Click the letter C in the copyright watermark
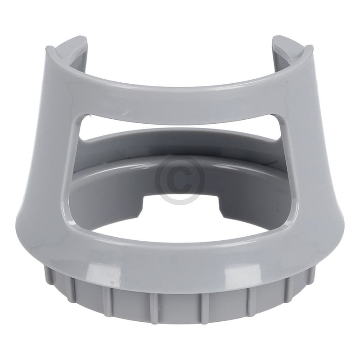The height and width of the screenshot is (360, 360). point(180,179)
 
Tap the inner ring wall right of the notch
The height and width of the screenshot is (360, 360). point(247,189)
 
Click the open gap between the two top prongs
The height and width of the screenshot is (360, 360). point(180,49)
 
